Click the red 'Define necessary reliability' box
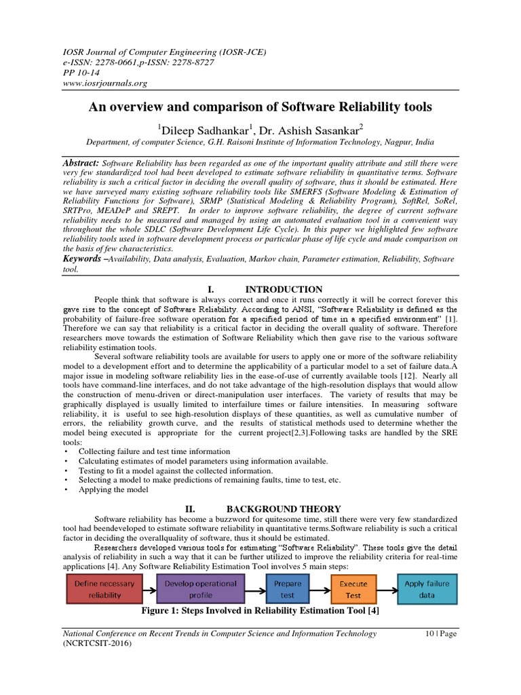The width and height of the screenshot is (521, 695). pos(104,589)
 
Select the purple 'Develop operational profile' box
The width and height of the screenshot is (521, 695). pos(201,589)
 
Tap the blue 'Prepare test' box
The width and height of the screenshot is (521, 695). pos(288,589)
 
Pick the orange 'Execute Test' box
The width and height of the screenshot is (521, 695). pos(353,589)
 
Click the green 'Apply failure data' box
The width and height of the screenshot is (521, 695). pos(426,589)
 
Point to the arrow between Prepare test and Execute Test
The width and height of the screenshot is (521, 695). pos(320,589)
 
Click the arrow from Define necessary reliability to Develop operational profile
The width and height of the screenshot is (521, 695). pos(149,589)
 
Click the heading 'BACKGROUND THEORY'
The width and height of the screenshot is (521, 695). pos(283,508)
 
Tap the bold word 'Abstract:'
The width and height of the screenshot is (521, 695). pos(81,164)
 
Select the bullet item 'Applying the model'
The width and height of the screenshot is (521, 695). pos(113,489)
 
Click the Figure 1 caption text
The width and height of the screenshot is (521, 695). pos(260,611)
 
